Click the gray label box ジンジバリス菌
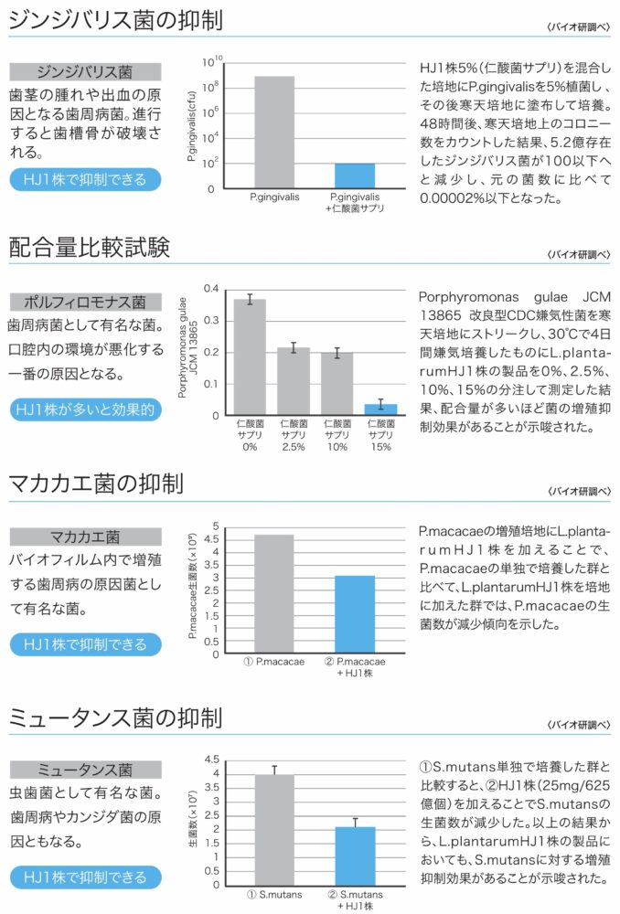(85, 71)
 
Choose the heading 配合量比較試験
(90, 247)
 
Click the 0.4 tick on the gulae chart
(213, 289)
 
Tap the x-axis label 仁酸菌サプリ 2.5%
(294, 435)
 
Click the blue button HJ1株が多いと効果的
(85, 409)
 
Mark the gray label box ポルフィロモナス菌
(85, 302)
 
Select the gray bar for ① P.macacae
(274, 594)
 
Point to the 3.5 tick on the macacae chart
(216, 564)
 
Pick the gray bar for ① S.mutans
(274, 829)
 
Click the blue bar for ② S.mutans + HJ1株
(355, 856)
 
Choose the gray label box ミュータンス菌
(85, 770)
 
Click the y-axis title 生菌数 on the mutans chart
(193, 823)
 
